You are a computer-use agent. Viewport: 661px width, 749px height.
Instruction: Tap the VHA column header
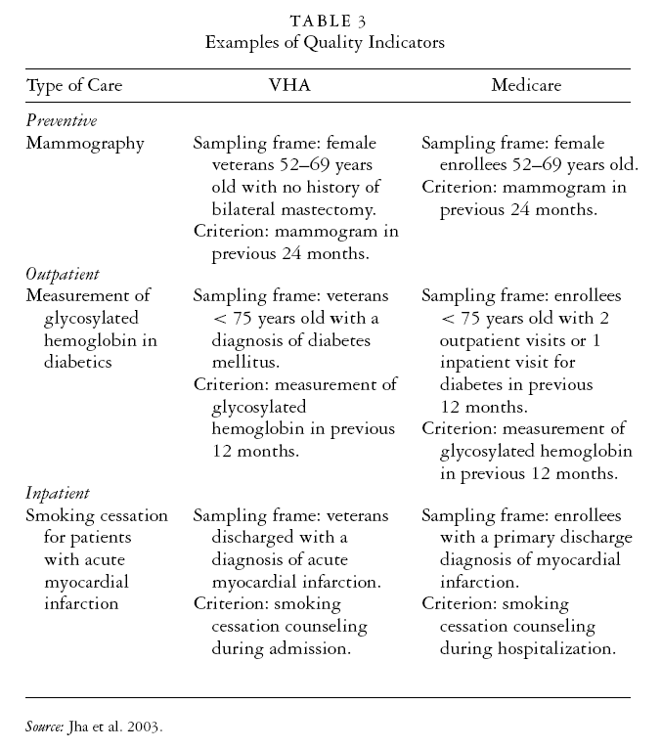pyautogui.click(x=291, y=85)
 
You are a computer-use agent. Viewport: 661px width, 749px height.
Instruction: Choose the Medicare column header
pyautogui.click(x=526, y=85)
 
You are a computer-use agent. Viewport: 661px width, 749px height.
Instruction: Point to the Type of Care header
pyautogui.click(x=75, y=85)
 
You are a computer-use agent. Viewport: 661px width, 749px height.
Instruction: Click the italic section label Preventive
pyautogui.click(x=62, y=120)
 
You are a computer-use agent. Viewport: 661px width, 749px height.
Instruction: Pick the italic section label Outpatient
pyautogui.click(x=64, y=274)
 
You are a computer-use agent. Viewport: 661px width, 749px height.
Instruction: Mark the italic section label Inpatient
pyautogui.click(x=58, y=494)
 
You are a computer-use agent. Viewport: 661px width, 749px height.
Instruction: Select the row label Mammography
pyautogui.click(x=85, y=143)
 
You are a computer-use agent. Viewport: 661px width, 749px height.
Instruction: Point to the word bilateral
pyautogui.click(x=246, y=209)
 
